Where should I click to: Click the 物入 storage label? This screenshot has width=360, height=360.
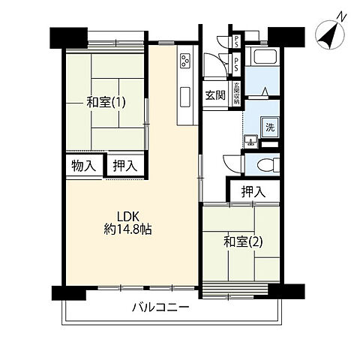(82, 165)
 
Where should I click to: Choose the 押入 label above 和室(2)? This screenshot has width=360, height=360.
(253, 192)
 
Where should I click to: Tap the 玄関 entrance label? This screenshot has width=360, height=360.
(216, 94)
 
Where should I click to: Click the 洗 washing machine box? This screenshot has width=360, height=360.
(270, 127)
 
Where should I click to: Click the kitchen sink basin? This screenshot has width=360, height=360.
(184, 97)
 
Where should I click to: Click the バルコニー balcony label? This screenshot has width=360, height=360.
(160, 307)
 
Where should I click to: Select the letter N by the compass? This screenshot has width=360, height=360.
(341, 16)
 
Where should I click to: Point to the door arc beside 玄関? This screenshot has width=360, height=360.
(212, 67)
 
